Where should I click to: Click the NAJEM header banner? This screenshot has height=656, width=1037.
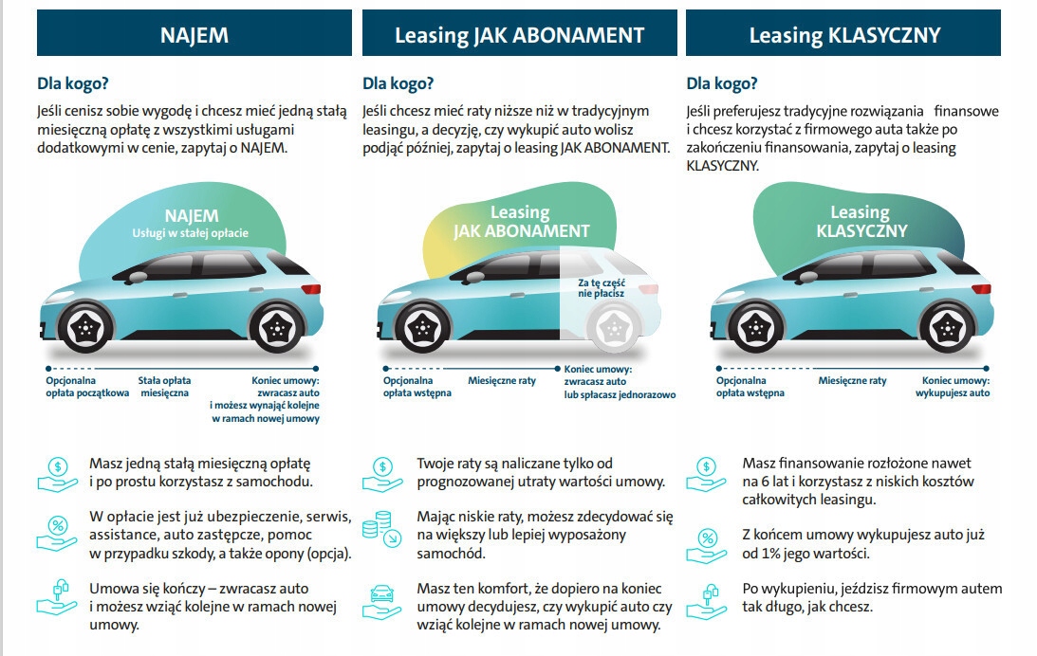[x=194, y=36]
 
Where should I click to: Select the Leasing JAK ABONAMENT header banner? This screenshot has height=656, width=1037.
[x=519, y=36]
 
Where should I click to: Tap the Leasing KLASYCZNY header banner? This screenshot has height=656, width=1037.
[x=843, y=36]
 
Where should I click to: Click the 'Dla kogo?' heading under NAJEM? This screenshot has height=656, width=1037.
[x=73, y=83]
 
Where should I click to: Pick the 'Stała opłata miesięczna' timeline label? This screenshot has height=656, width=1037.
[x=164, y=386]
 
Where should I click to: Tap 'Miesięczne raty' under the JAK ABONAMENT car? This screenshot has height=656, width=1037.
[x=502, y=380]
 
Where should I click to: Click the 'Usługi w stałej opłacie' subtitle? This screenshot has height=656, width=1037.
[x=191, y=232]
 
